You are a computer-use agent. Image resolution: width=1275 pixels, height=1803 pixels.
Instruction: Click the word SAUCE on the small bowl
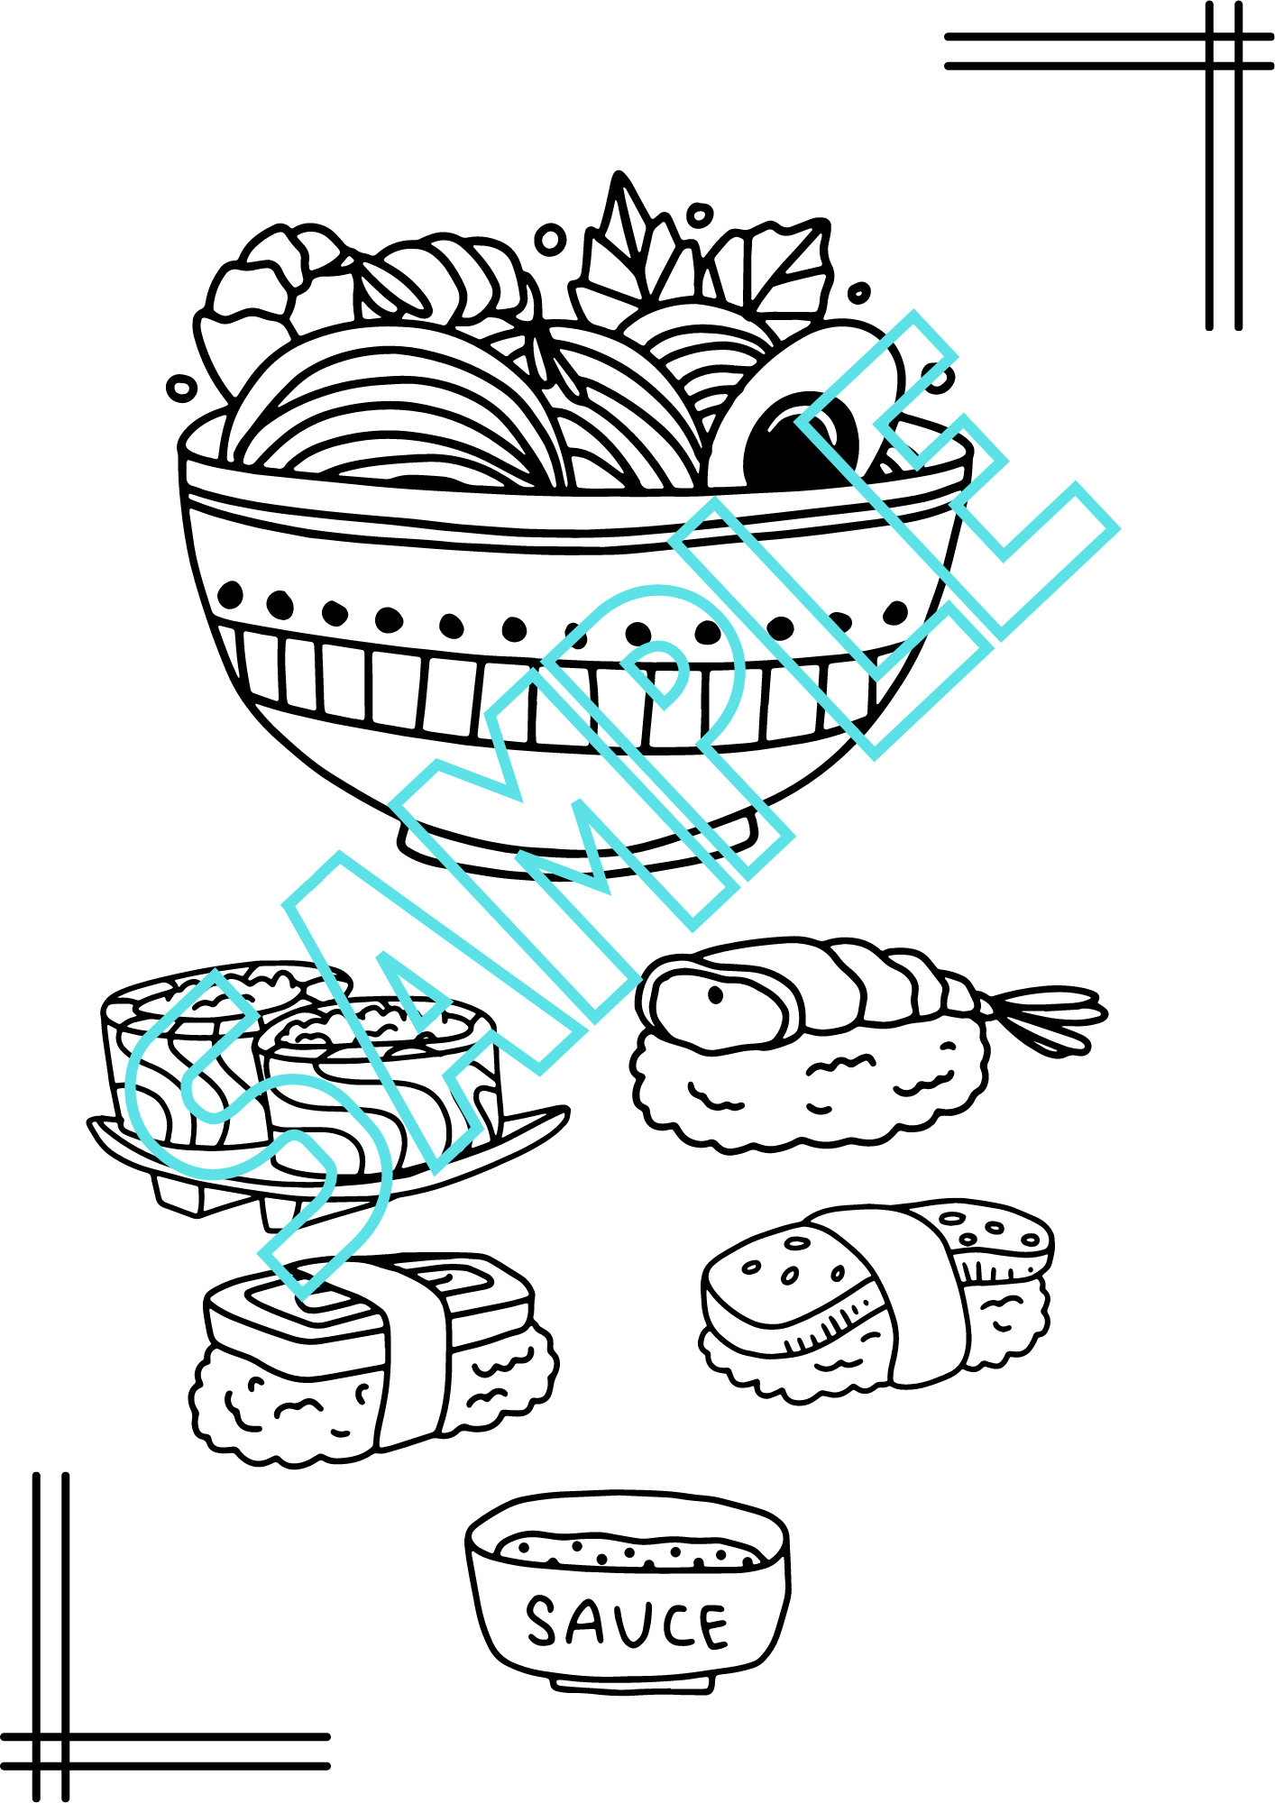(626, 1623)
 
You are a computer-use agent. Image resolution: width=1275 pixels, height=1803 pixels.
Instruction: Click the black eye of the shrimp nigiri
(715, 995)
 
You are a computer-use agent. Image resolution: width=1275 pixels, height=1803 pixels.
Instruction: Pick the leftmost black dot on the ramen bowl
(232, 594)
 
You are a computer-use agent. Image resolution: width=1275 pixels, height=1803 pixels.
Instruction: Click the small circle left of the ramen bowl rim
(181, 389)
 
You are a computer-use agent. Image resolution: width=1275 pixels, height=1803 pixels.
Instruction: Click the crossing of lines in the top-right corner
(1225, 51)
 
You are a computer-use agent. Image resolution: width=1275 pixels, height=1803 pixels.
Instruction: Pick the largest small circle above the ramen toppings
(550, 240)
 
